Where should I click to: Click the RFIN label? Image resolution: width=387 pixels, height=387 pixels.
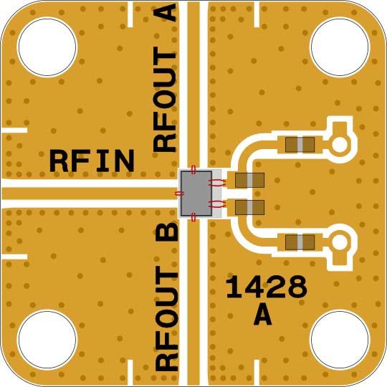point(92,161)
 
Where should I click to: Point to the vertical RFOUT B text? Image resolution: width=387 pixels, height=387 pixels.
point(166,297)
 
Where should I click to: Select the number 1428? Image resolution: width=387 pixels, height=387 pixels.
point(267,287)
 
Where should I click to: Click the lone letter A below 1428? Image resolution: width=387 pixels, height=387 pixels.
point(263,315)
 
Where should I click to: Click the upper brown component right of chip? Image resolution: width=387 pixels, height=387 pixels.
point(249,180)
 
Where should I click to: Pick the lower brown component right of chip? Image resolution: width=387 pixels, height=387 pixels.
point(249,208)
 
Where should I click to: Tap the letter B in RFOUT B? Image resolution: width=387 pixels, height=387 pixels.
point(166,234)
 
